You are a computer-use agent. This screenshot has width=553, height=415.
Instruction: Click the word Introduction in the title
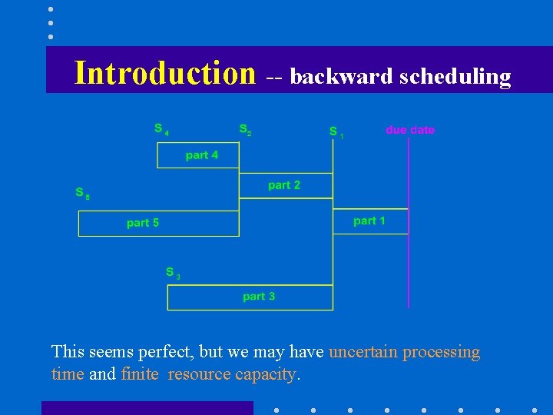tap(164, 73)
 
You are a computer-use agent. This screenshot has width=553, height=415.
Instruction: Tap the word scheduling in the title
tap(455, 77)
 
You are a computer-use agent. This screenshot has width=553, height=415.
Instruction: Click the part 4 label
tap(202, 155)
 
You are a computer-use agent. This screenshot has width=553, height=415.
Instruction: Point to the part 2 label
tap(284, 185)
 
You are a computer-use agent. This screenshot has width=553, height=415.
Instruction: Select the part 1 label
tap(369, 221)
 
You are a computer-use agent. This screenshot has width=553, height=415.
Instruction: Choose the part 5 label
tap(143, 223)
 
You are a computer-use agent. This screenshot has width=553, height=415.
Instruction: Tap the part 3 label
tap(259, 296)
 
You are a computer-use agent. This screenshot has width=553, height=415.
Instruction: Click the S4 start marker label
tap(161, 129)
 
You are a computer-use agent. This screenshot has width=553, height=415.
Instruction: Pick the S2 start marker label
tap(245, 129)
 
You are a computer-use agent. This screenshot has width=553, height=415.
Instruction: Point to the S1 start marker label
tap(336, 132)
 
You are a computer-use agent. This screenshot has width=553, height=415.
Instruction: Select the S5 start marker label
tap(82, 193)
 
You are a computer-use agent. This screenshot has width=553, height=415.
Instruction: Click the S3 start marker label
tap(173, 273)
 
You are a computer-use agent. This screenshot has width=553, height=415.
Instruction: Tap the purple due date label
tap(410, 130)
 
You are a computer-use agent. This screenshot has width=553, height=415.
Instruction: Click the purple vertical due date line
tap(409, 254)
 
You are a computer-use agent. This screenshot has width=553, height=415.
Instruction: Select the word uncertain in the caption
tap(363, 352)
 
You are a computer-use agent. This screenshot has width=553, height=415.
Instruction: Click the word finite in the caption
tap(140, 374)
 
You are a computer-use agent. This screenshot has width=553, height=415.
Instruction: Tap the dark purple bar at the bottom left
tap(147, 407)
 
